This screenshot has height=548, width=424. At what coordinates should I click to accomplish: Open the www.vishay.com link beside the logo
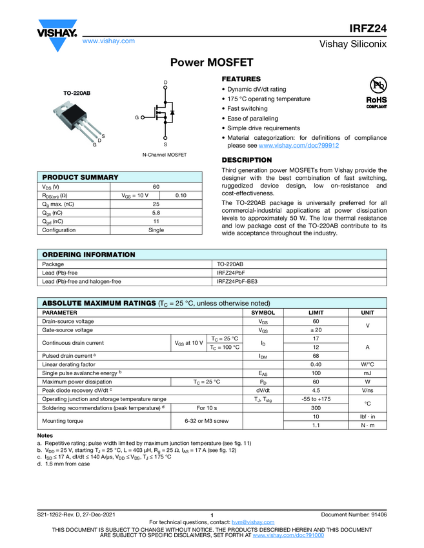pyautogui.click(x=108, y=41)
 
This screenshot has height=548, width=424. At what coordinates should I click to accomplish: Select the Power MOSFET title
pyautogui.click(x=212, y=63)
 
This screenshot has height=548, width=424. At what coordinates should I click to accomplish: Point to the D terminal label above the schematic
pyautogui.click(x=165, y=83)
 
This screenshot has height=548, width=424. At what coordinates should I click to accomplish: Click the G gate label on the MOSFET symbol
pyautogui.click(x=137, y=118)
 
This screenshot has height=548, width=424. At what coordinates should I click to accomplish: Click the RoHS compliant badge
pyautogui.click(x=376, y=103)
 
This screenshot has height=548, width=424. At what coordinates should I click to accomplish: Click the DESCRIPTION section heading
pyautogui.click(x=247, y=160)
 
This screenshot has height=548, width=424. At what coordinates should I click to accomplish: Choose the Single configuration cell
pyautogui.click(x=156, y=230)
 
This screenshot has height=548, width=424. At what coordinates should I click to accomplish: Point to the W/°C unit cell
pyautogui.click(x=367, y=364)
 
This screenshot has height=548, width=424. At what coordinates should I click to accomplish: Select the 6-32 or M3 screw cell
pyautogui.click(x=208, y=421)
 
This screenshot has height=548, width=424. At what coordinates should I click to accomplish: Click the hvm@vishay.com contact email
pyautogui.click(x=248, y=522)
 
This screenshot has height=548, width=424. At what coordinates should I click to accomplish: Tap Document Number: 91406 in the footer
pyautogui.click(x=354, y=514)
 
